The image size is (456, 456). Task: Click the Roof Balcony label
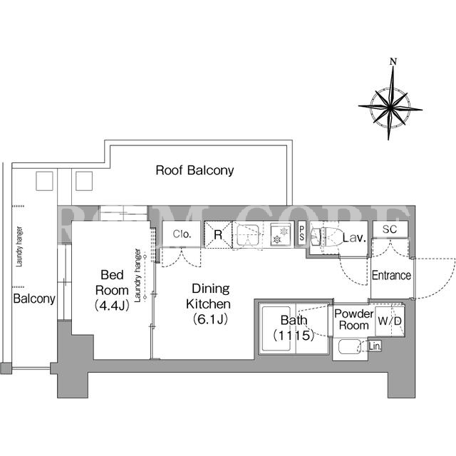[195, 170]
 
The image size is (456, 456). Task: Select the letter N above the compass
[393, 62]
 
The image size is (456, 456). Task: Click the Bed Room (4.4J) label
[112, 290]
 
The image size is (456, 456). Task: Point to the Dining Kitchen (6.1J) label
[209, 304]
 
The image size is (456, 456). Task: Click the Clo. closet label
[182, 234]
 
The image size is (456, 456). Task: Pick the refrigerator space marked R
[218, 234]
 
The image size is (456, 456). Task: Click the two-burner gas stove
[280, 234]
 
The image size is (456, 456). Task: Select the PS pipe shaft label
[302, 234]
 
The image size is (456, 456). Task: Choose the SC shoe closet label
[390, 229]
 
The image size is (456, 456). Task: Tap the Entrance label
[391, 275]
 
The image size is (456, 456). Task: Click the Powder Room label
[353, 319]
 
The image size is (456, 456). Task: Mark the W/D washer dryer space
[390, 321]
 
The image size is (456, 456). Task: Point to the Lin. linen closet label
[375, 346]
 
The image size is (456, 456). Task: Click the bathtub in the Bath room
[276, 328]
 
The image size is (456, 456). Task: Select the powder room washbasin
[350, 347]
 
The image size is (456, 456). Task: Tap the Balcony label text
[34, 299]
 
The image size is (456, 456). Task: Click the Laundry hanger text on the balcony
[19, 247]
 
